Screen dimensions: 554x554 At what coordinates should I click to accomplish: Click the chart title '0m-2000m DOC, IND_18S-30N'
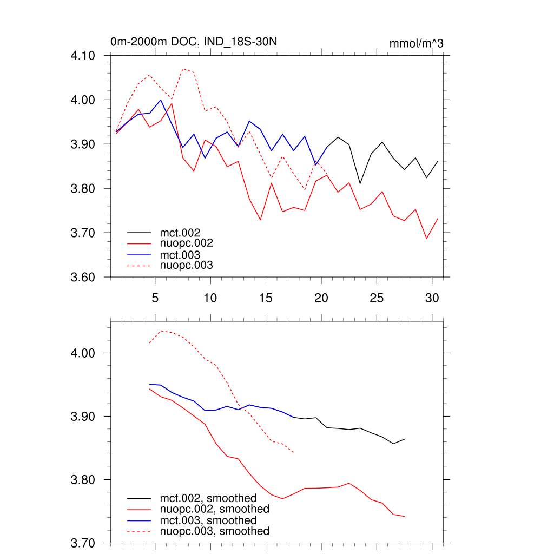(x=194, y=42)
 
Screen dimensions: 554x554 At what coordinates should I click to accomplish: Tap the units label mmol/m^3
(x=416, y=43)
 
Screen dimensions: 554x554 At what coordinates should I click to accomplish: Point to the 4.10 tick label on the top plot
(x=83, y=56)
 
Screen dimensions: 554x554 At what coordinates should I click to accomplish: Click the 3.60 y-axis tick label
(x=83, y=278)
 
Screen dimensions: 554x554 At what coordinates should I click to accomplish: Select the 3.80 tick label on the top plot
(x=83, y=189)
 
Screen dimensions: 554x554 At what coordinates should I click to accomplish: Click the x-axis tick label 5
(x=155, y=298)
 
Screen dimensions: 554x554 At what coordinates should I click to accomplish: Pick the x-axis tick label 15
(x=266, y=298)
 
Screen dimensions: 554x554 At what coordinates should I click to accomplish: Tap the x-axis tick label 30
(x=432, y=298)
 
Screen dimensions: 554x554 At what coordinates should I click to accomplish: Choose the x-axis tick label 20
(x=321, y=298)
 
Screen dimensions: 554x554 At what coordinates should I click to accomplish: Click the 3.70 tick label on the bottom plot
(x=83, y=543)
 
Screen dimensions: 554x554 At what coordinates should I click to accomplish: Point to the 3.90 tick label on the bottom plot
(x=83, y=417)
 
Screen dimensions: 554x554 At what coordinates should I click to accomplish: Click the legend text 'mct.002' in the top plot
(x=184, y=233)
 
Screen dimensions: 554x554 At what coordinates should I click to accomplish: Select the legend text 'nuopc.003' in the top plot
(x=187, y=266)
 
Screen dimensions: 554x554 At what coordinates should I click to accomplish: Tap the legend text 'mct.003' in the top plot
(x=184, y=255)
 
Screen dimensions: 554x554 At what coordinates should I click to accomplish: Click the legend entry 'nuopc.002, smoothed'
(x=214, y=509)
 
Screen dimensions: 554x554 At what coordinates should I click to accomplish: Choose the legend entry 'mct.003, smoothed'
(x=208, y=520)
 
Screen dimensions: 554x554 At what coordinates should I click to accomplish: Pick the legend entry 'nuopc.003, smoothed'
(x=214, y=531)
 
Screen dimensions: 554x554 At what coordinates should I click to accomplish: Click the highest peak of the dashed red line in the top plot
(x=183, y=69)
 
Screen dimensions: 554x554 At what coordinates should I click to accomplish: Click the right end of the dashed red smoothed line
(x=293, y=452)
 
